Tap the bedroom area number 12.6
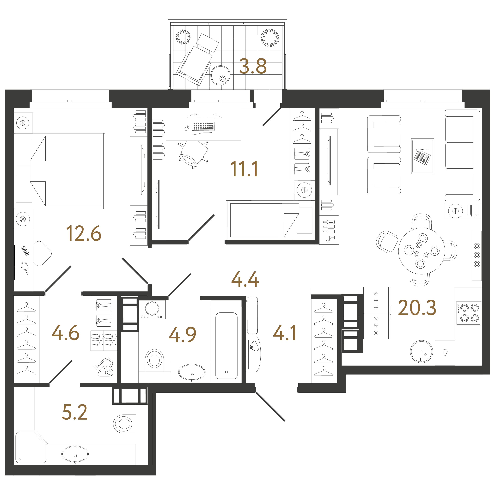[84, 233]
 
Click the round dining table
[422, 251]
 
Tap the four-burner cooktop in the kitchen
[468, 313]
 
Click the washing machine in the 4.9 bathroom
[152, 309]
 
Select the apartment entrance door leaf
[270, 406]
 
